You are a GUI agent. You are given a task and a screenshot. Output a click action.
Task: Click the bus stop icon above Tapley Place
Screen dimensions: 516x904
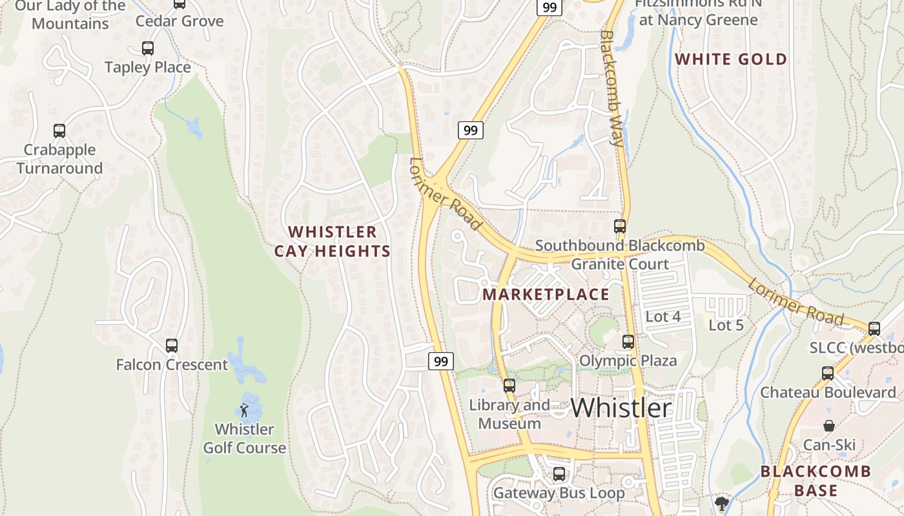(148, 48)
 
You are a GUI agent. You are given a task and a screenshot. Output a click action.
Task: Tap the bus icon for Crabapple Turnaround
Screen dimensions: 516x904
(59, 131)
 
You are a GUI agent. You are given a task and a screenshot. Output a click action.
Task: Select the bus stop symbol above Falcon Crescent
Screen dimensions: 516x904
(172, 346)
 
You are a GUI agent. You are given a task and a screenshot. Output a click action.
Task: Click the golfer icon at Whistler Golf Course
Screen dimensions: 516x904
(244, 410)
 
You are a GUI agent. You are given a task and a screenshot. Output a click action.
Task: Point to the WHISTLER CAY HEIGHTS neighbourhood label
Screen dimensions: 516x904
(333, 242)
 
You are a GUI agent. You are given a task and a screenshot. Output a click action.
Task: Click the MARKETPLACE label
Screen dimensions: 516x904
(546, 295)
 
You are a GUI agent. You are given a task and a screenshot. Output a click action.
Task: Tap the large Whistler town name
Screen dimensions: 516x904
(621, 408)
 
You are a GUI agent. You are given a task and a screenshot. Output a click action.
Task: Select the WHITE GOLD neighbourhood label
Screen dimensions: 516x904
(731, 59)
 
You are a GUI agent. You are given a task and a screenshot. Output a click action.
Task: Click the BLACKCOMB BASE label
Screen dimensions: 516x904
(816, 481)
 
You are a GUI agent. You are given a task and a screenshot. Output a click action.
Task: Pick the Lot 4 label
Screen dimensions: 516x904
(663, 317)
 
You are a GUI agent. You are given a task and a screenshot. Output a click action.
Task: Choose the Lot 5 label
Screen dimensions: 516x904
(726, 325)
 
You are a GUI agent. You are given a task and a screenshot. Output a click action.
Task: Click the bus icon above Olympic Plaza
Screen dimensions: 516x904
(628, 342)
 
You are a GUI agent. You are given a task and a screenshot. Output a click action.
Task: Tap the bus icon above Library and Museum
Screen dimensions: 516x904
(509, 386)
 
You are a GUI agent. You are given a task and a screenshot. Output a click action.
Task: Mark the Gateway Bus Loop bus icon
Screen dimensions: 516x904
(559, 474)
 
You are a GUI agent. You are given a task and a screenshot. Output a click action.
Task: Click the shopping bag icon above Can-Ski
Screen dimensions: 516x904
(829, 426)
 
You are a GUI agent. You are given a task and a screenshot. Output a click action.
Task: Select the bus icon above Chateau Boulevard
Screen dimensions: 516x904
(828, 373)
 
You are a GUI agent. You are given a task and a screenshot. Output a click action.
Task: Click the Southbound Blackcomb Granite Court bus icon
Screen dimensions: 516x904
(620, 226)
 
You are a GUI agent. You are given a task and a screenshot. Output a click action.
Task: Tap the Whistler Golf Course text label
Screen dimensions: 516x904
(244, 439)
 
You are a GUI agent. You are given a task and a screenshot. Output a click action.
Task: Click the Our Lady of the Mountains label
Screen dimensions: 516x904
(70, 15)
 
